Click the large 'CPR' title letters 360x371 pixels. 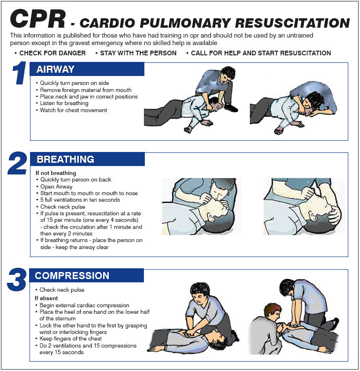pyautogui.click(x=38, y=19)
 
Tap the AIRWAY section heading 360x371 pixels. pyautogui.click(x=56, y=69)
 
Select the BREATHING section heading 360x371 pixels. pyautogui.click(x=66, y=159)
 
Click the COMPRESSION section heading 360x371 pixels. pyautogui.click(x=72, y=276)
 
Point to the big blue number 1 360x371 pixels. pyautogui.click(x=19, y=73)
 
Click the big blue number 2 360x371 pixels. pyautogui.click(x=17, y=163)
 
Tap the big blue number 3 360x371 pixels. pyautogui.click(x=16, y=280)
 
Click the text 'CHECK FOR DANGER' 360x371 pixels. pyautogui.click(x=52, y=53)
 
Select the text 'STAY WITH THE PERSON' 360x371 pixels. pyautogui.click(x=138, y=53)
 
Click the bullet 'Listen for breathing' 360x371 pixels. pyautogui.click(x=64, y=103)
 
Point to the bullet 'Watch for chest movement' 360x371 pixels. pyautogui.click(x=74, y=110)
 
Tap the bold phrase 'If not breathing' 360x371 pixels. pyautogui.click(x=56, y=173)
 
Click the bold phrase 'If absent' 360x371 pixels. pyautogui.click(x=46, y=298)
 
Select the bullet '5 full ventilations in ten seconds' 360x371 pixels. pyautogui.click(x=80, y=200)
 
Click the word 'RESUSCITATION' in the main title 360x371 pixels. pyautogui.click(x=292, y=23)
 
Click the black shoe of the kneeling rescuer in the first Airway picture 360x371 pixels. pyautogui.click(x=231, y=108)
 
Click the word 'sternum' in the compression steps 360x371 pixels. pyautogui.click(x=67, y=318)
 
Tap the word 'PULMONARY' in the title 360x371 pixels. pyautogui.click(x=185, y=23)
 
